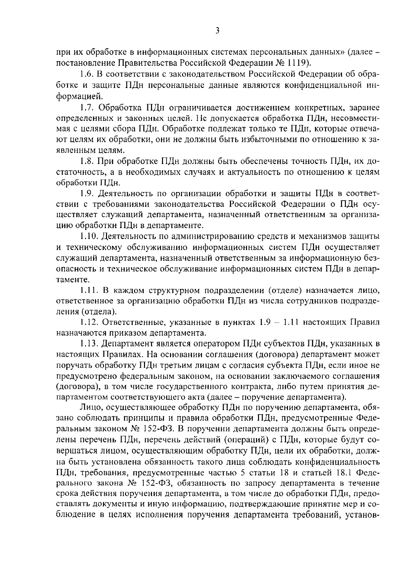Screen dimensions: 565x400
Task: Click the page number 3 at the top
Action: point(217,31)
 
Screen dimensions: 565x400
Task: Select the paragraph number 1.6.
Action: point(87,73)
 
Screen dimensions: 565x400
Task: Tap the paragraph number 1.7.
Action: point(87,107)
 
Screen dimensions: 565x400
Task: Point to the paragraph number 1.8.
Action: point(87,161)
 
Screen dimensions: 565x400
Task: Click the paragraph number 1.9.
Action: point(87,194)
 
